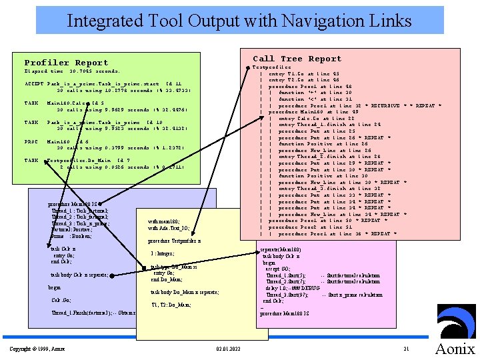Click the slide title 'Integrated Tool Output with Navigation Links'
(x=239, y=20)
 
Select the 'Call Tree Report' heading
(x=297, y=59)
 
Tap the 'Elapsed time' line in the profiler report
(x=72, y=71)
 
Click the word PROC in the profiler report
(x=31, y=141)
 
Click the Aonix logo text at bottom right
(x=455, y=349)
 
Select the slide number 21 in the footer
(x=406, y=349)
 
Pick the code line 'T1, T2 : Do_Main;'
(x=171, y=304)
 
